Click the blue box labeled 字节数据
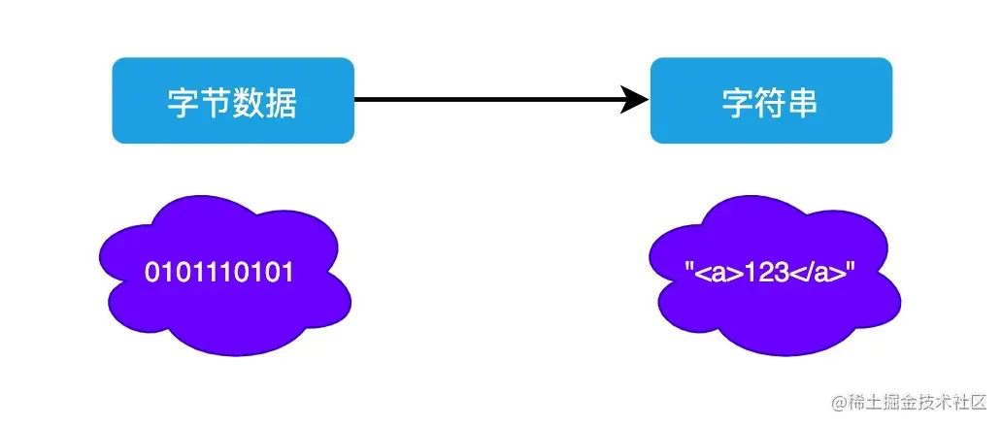click(233, 100)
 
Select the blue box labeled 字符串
click(771, 100)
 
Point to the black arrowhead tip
click(648, 100)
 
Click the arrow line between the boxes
click(485, 100)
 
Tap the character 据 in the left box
click(281, 101)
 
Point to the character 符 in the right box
click(771, 101)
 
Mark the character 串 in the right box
click(803, 101)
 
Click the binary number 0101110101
click(219, 273)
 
